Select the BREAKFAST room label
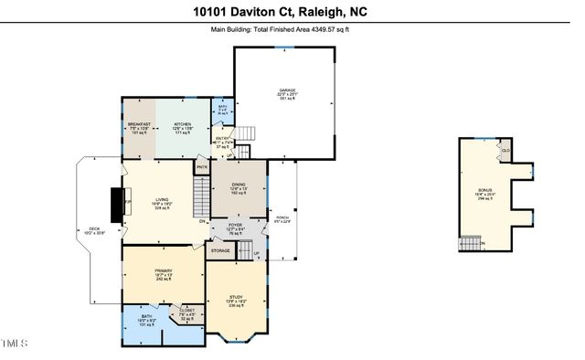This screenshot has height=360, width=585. [x=138, y=125]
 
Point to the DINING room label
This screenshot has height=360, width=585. [x=238, y=185]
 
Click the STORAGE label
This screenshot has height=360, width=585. [x=220, y=249]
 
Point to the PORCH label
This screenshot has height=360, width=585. [x=282, y=217]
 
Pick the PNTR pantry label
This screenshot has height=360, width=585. [x=202, y=168]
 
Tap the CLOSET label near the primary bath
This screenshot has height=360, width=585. [x=186, y=311]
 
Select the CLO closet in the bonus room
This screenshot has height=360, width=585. [x=505, y=149]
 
